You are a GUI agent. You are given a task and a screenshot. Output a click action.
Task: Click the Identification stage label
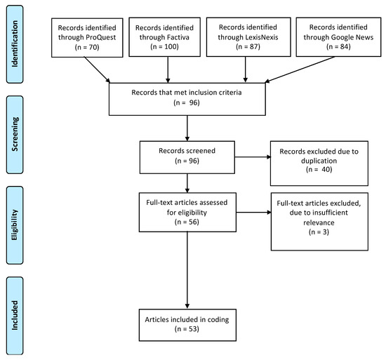click(x=15, y=44)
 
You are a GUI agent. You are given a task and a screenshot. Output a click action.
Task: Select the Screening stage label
click(x=15, y=135)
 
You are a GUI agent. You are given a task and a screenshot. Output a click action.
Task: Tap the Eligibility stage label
click(x=15, y=225)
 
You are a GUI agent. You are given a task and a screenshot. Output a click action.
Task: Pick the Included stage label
click(x=15, y=316)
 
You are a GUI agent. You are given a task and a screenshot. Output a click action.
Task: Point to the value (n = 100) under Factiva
click(x=164, y=47)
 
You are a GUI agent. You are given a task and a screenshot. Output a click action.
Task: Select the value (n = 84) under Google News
click(x=338, y=46)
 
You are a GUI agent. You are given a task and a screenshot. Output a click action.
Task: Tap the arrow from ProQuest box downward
click(x=97, y=70)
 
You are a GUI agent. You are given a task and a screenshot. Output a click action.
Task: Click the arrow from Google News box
click(x=300, y=69)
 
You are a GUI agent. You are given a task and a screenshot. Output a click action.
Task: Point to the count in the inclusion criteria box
click(x=187, y=102)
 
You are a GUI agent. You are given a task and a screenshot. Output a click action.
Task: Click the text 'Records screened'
click(x=187, y=151)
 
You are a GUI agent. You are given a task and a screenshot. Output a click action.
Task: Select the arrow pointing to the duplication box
click(x=253, y=157)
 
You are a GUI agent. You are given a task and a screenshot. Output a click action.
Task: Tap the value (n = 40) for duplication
click(x=319, y=170)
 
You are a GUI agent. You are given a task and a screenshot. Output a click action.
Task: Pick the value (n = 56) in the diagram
click(x=187, y=222)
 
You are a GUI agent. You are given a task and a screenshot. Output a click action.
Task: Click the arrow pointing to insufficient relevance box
click(x=254, y=212)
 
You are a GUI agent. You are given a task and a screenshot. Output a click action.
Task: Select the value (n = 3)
click(x=319, y=232)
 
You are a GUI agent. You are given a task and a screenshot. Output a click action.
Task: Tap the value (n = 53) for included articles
click(x=187, y=329)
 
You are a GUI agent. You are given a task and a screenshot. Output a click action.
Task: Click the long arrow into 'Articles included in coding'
click(x=187, y=270)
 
